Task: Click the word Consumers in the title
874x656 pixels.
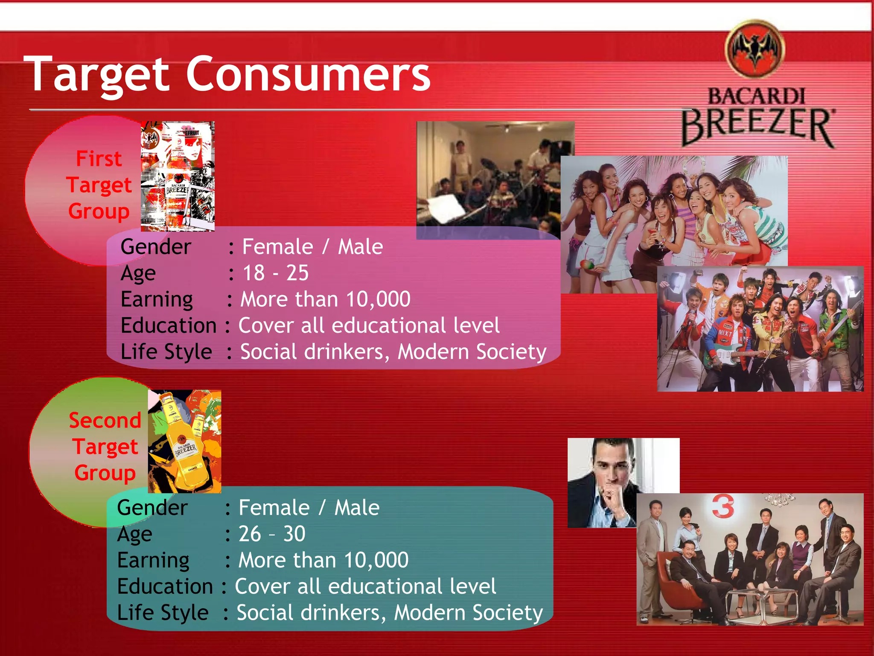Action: [x=308, y=75]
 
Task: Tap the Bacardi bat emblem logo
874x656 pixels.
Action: [x=755, y=49]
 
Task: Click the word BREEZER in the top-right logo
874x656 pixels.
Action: [x=757, y=126]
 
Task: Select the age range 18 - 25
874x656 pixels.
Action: [x=275, y=273]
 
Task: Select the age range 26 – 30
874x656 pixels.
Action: [x=271, y=534]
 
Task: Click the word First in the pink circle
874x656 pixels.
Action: [x=99, y=159]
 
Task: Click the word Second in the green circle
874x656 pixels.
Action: [x=105, y=421]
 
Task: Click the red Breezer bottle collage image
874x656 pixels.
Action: [x=178, y=176]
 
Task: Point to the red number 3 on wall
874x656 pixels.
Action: [x=723, y=507]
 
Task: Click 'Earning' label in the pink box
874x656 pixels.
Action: [x=157, y=299]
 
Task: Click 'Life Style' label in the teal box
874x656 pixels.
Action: [x=163, y=613]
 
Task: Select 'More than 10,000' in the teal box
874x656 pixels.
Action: [x=323, y=560]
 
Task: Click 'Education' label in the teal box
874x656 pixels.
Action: [x=165, y=586]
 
